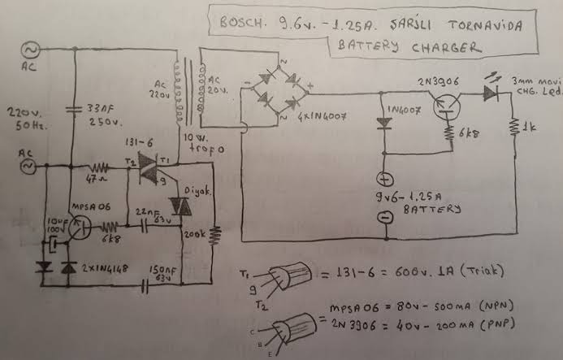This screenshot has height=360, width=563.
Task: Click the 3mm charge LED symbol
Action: (x=490, y=92)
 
